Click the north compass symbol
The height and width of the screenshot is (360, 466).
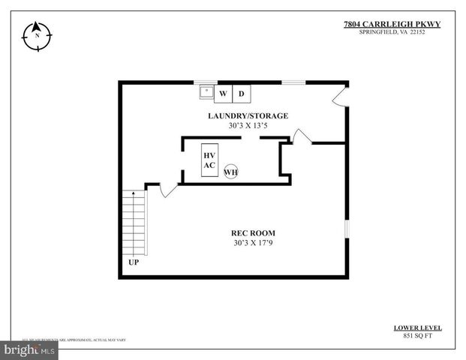[x=36, y=34]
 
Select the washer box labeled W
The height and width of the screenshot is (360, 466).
[x=223, y=94]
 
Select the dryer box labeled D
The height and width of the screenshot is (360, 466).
[x=241, y=94]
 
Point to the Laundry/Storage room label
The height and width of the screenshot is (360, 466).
[x=248, y=115]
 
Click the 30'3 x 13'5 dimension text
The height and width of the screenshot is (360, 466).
[x=248, y=126]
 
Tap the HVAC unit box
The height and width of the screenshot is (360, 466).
[x=209, y=160]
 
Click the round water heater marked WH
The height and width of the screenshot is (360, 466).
[x=230, y=172]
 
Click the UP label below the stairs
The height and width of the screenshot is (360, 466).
[x=134, y=263]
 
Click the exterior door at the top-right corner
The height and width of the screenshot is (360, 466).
[x=340, y=96]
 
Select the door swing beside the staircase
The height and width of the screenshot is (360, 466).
[x=167, y=188]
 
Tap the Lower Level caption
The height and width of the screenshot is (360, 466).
[x=417, y=328]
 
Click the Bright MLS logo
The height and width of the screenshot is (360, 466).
[x=30, y=349]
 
